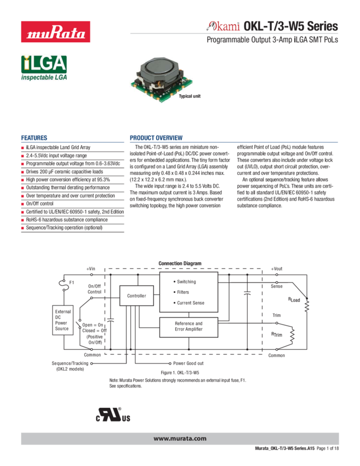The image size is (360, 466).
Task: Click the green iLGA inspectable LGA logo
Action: (44, 68)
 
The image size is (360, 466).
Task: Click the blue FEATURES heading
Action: (34, 138)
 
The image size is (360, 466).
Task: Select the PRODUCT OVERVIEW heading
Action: (156, 138)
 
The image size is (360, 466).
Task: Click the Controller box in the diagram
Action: (136, 296)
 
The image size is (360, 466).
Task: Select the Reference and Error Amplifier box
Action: (188, 327)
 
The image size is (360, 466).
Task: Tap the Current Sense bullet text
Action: (190, 303)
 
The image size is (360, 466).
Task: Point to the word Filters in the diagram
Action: (182, 292)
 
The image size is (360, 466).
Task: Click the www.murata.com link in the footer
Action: (180, 439)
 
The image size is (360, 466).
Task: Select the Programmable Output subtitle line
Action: (272, 41)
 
